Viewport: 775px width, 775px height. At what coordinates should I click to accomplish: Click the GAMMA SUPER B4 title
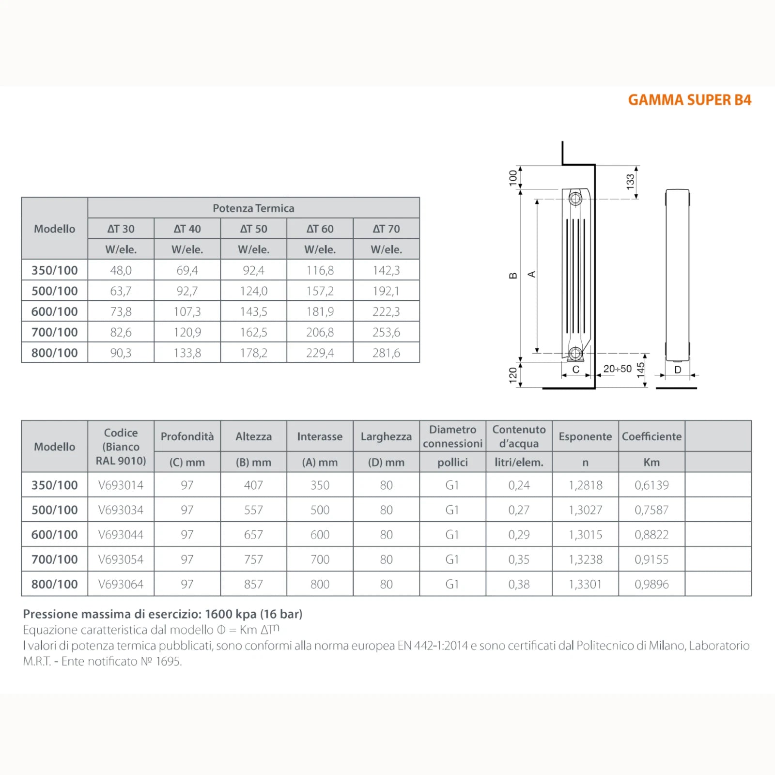point(689,100)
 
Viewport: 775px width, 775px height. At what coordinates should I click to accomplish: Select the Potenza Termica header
point(253,208)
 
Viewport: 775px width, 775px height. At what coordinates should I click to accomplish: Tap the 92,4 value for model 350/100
point(253,270)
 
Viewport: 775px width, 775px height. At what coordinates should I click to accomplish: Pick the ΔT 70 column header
point(386,229)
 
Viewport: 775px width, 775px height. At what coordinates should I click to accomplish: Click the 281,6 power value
point(386,353)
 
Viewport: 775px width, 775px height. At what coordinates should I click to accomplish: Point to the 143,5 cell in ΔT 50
point(253,311)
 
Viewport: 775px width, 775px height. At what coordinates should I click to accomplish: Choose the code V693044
point(121,535)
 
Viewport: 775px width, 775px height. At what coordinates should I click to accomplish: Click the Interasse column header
point(320,436)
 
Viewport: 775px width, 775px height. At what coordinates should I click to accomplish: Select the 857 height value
point(253,584)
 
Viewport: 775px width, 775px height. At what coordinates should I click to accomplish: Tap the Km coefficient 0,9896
point(651,584)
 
